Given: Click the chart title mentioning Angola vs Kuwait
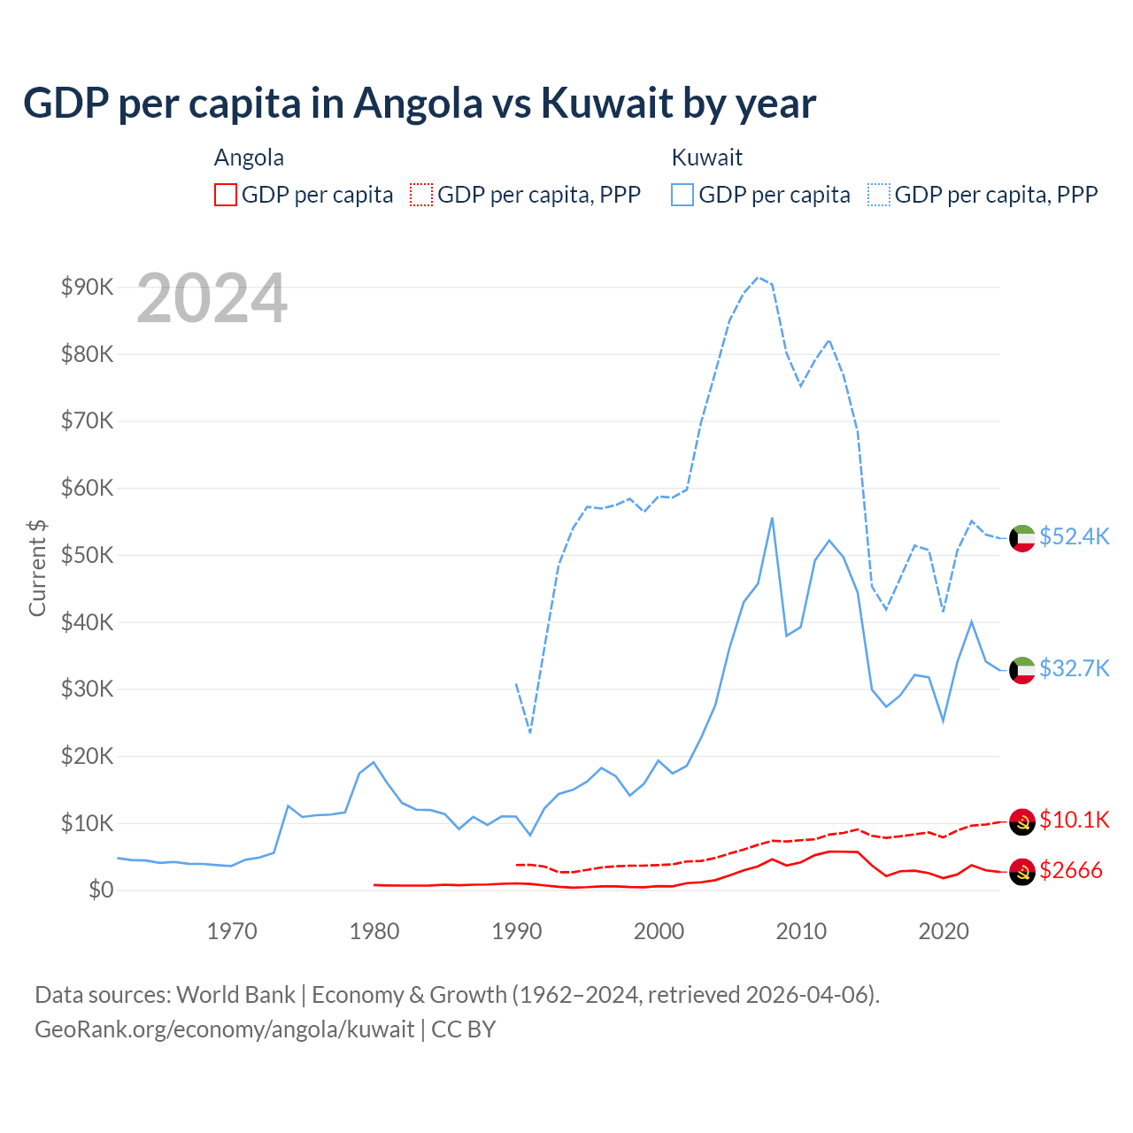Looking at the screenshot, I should (420, 104).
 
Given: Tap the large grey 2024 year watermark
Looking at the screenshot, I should (212, 299).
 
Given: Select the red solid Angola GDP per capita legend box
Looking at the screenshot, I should (226, 195).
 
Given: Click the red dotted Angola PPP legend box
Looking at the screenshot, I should (421, 195).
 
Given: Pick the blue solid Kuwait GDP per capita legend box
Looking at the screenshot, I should (682, 195).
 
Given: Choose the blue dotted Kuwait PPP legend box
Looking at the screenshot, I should (879, 195).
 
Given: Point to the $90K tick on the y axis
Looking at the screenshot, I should (87, 287).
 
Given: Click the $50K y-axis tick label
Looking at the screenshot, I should (87, 555).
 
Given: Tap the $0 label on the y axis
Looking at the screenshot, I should (100, 890).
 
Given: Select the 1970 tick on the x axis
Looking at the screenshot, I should (232, 931).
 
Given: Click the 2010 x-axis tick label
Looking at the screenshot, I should (801, 931).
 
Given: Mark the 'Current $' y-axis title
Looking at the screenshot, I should (37, 567).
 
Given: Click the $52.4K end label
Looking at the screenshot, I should (1074, 537).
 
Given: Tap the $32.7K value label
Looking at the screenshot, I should (1074, 668).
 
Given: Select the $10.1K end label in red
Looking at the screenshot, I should (1074, 820).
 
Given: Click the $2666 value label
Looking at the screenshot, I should (1071, 870).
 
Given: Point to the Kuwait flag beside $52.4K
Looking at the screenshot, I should (1022, 538).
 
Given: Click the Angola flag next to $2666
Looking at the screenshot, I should (1022, 871).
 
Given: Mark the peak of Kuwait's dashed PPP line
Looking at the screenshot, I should (758, 277).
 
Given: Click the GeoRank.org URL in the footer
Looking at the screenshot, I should (224, 1029).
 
